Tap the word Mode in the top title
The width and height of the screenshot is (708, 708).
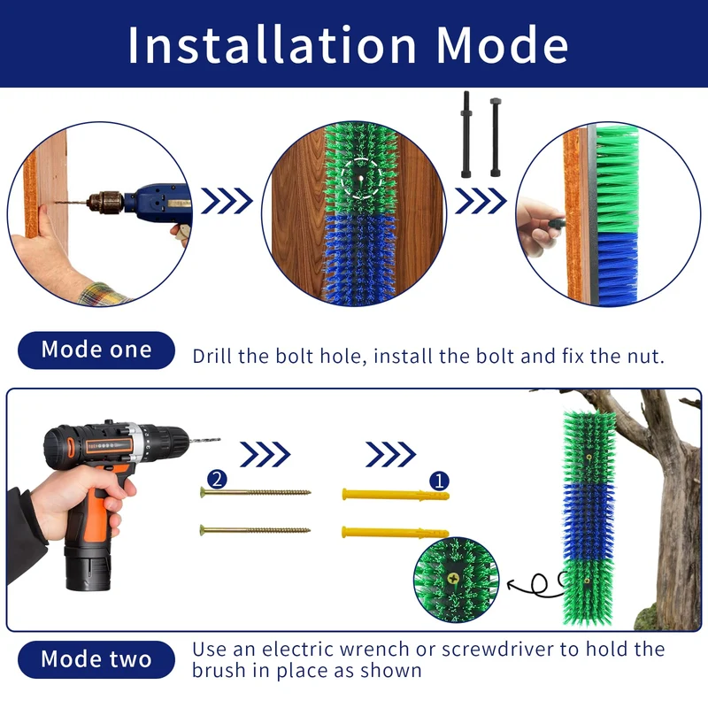(502, 45)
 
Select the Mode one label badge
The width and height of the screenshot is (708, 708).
(96, 350)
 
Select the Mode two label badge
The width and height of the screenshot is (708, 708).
(96, 659)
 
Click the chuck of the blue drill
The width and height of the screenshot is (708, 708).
(105, 202)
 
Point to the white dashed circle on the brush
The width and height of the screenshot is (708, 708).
(361, 179)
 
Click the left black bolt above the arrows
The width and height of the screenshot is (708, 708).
(466, 135)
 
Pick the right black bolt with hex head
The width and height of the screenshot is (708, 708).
(496, 137)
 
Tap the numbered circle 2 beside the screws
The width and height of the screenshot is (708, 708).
(217, 479)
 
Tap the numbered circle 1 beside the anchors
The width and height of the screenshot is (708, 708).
(439, 481)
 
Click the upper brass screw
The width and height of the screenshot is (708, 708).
(256, 492)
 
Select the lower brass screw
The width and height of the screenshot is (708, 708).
(256, 529)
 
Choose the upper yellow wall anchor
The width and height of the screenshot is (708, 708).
(396, 495)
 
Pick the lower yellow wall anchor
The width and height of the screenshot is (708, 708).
(396, 533)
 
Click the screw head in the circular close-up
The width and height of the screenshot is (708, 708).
(453, 578)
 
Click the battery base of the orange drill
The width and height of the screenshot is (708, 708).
(88, 569)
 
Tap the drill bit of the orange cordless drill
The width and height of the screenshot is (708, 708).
(205, 440)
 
